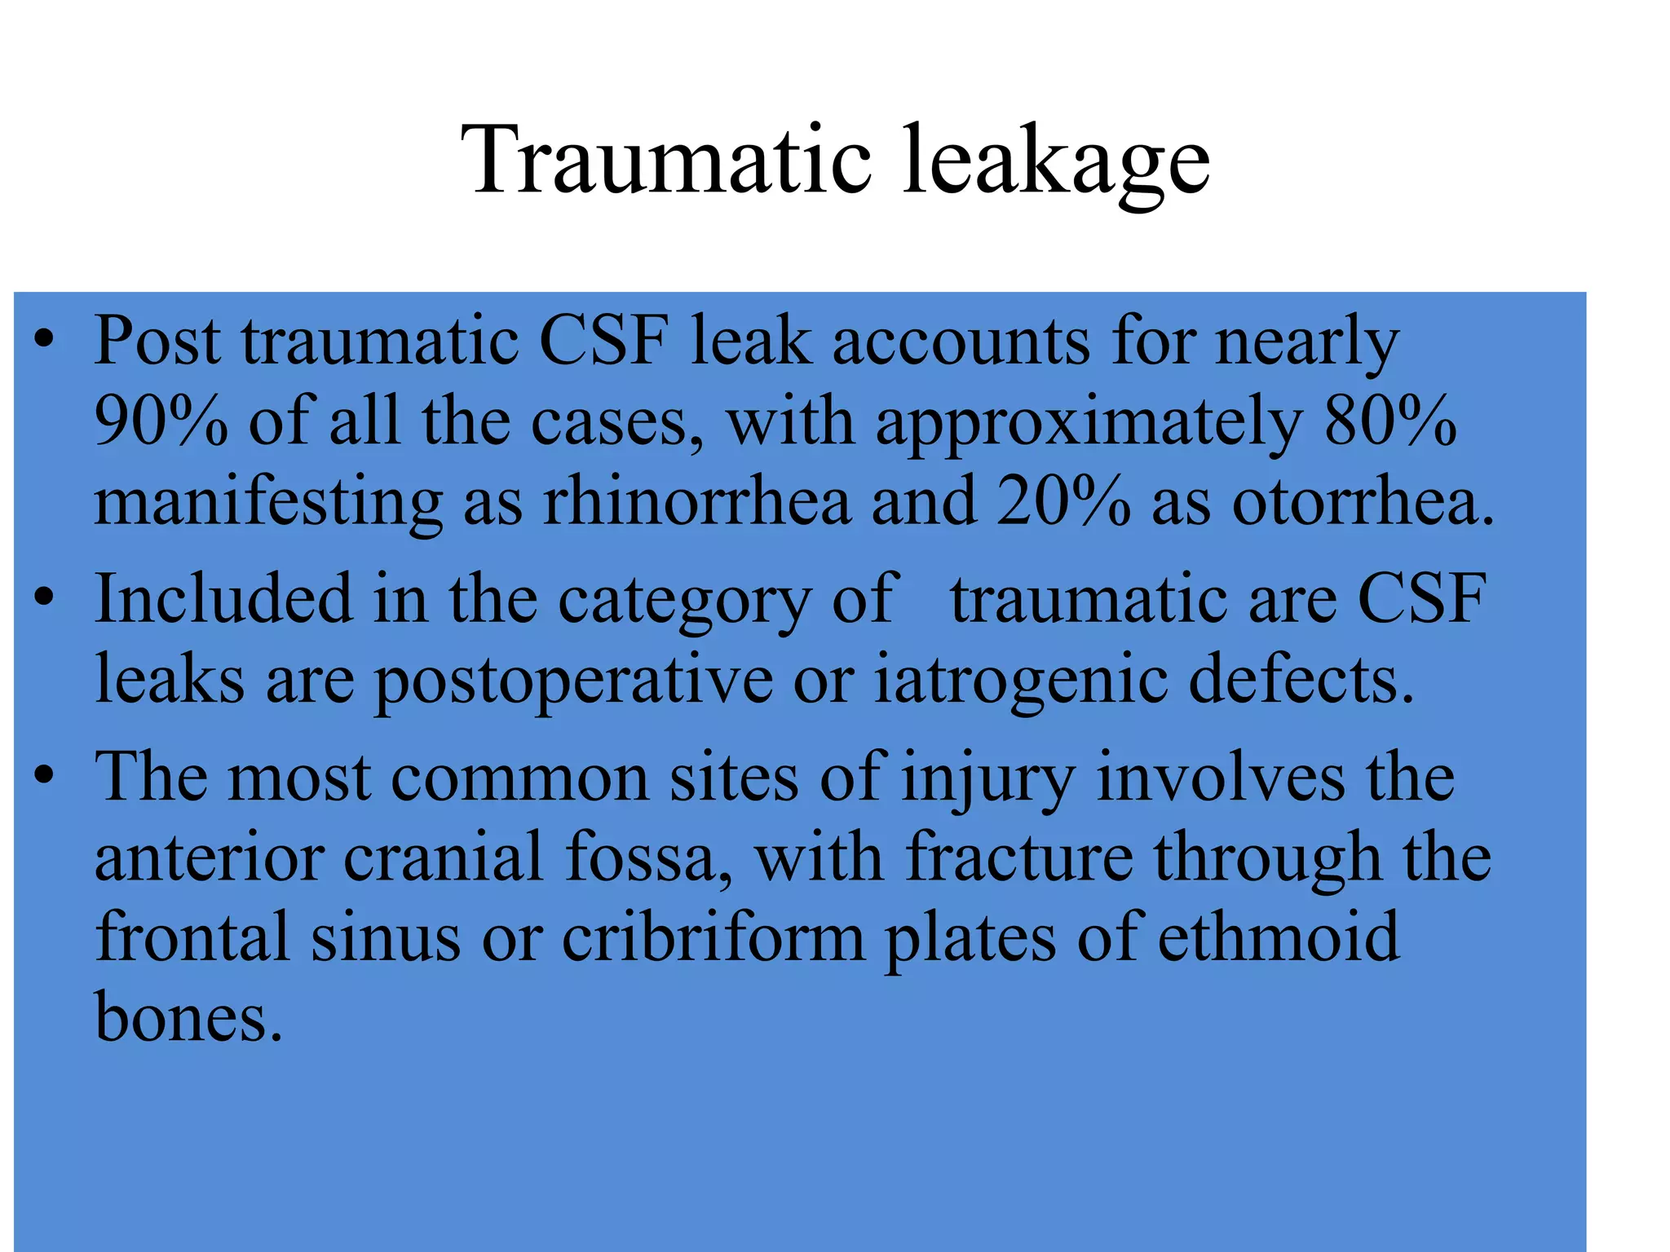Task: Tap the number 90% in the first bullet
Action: pos(161,421)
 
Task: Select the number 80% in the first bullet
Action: pos(1390,421)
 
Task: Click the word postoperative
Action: pos(573,681)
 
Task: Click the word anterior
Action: pos(209,857)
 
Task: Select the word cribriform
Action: pos(713,937)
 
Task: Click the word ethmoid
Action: pos(1278,937)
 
